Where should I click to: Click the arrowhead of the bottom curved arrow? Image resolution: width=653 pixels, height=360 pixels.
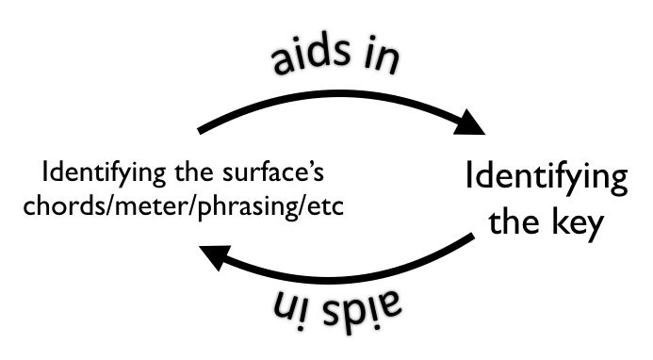coord(216,256)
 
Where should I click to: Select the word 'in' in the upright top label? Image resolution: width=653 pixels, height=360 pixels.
coord(382,61)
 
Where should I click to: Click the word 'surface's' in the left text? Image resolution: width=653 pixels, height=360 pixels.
coord(273,172)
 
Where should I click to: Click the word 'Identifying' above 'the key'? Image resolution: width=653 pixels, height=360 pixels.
coord(547,176)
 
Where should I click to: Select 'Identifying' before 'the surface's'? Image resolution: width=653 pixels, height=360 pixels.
coord(104,172)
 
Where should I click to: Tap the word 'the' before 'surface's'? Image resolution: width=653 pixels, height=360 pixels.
coord(194,172)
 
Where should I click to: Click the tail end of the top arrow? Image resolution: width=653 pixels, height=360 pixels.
coord(199,131)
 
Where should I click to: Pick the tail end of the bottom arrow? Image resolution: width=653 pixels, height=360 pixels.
coord(474,237)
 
